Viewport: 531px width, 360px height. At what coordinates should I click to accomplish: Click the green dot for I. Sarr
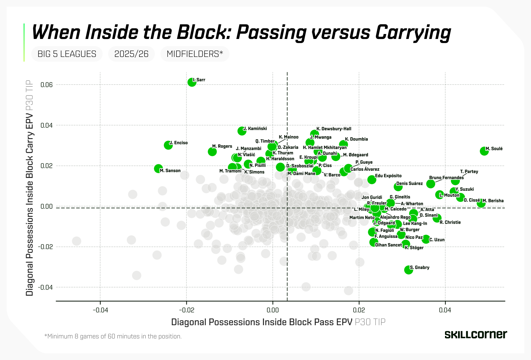point(192,82)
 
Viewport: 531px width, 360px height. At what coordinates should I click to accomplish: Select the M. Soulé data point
point(484,151)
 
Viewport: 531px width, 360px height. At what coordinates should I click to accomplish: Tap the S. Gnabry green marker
point(408,270)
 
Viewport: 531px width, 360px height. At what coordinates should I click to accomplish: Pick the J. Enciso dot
point(168,145)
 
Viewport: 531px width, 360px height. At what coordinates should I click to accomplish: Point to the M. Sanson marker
point(158,169)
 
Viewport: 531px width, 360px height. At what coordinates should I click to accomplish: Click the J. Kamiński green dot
point(242,131)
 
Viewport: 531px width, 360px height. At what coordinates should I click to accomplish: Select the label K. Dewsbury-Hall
point(334,129)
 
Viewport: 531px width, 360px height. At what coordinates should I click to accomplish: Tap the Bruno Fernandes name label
point(446,178)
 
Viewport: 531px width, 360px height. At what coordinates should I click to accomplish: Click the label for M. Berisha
point(493,201)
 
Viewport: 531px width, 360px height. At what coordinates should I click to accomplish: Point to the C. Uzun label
point(437,240)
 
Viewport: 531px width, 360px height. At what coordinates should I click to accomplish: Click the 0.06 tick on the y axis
point(46,85)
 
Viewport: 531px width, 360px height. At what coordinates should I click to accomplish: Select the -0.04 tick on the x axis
point(100,310)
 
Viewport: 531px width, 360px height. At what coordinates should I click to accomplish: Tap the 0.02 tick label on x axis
point(359,310)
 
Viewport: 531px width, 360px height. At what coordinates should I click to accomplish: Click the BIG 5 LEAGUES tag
point(67,54)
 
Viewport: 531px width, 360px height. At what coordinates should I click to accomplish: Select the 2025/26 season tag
point(131,54)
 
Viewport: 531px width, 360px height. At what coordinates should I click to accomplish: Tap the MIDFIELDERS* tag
point(195,54)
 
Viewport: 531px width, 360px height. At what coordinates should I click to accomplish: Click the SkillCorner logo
point(476,335)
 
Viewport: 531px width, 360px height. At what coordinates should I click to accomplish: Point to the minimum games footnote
point(113,336)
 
